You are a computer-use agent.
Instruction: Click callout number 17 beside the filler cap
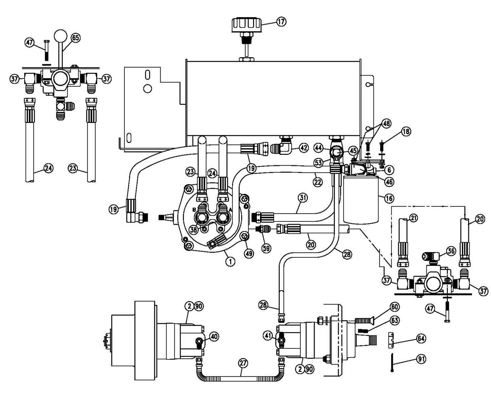(x=281, y=22)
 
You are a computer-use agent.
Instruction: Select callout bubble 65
(x=75, y=38)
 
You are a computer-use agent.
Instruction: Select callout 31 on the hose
(x=303, y=197)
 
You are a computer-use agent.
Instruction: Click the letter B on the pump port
(x=194, y=210)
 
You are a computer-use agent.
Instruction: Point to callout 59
(x=266, y=248)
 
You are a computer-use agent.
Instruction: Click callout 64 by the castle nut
(x=421, y=339)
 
